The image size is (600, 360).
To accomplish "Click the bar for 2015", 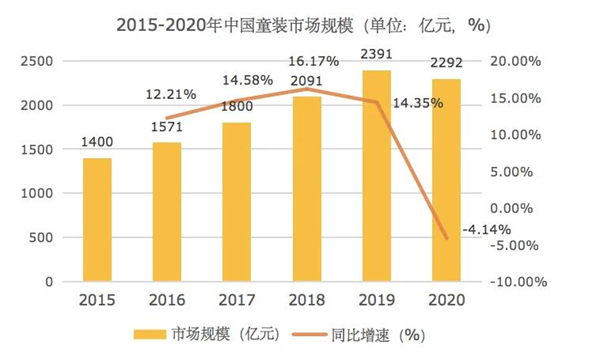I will pos(97,219).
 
